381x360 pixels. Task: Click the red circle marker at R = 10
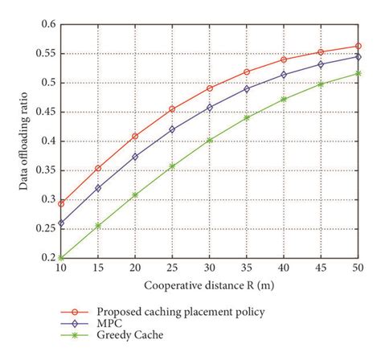point(61,203)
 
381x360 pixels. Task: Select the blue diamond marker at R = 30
point(210,107)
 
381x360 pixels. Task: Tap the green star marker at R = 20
point(135,194)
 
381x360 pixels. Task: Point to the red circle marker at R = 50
point(358,46)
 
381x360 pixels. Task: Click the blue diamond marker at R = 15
point(98,188)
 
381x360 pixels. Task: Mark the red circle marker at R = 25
point(172,109)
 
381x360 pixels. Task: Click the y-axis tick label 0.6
point(47,25)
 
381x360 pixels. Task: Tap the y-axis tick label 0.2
point(47,258)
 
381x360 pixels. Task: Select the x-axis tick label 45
point(321,267)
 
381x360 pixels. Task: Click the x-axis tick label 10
point(61,267)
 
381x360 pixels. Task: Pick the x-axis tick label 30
point(210,267)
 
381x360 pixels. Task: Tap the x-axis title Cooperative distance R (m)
point(210,284)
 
